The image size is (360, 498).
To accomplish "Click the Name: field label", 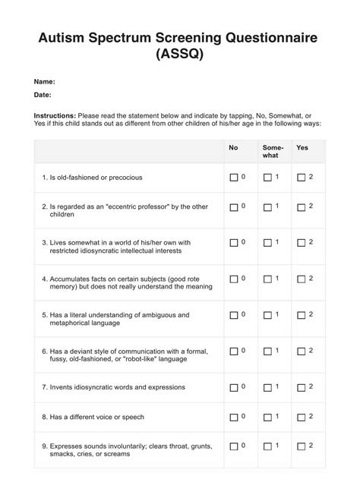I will point(44,80).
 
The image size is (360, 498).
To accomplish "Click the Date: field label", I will point(43,95).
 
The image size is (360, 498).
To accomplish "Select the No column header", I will point(233,147).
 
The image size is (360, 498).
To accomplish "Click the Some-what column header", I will point(272,151).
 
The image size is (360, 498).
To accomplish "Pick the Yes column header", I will point(302,147).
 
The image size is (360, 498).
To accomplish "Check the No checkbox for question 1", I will point(234,178).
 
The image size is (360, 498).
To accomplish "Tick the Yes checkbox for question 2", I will point(302,207).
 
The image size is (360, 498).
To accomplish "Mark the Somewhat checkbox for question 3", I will point(267,243).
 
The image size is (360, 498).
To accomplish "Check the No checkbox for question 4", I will point(234,279).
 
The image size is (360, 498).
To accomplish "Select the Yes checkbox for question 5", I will point(302,315).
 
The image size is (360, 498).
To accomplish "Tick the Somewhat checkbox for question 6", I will point(267,351).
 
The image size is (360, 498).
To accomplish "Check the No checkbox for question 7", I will point(234,387).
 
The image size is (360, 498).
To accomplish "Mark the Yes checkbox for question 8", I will point(302,417).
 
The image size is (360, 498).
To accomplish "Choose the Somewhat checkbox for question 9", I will point(267,446).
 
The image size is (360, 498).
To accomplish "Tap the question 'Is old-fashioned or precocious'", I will point(96,178).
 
